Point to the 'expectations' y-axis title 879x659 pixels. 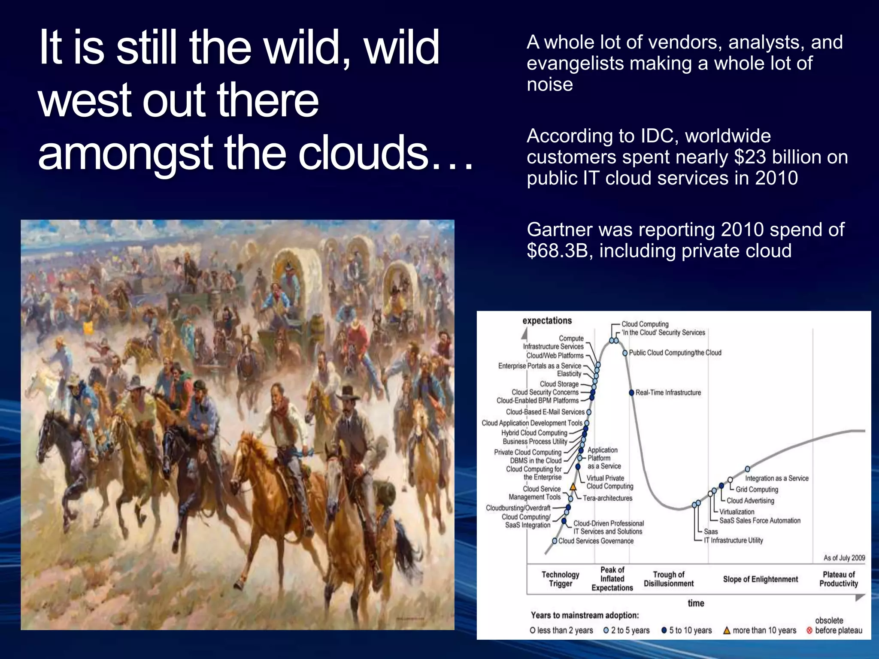(547, 320)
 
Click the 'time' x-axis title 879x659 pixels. (696, 603)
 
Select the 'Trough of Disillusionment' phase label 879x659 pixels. (668, 579)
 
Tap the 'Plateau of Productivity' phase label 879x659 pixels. (838, 579)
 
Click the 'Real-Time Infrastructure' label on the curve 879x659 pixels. (668, 393)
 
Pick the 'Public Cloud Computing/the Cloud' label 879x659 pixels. (675, 353)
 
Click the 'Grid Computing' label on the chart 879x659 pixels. (757, 489)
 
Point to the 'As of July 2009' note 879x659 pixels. (844, 558)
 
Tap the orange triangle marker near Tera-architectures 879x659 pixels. (573, 487)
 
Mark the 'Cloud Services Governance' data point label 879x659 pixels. (596, 541)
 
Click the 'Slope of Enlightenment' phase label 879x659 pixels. (760, 579)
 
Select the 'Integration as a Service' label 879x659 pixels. (776, 478)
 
